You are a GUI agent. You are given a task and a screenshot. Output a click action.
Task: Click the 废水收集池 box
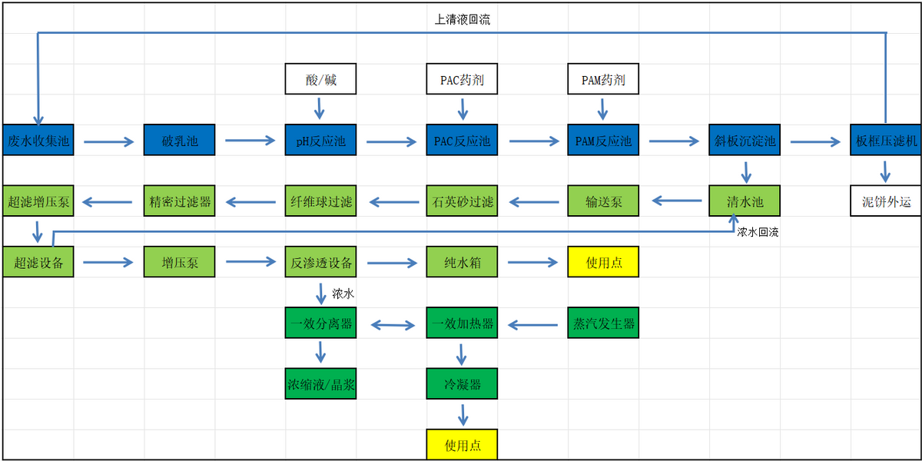click(x=38, y=141)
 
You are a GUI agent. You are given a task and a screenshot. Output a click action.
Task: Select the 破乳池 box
click(x=179, y=141)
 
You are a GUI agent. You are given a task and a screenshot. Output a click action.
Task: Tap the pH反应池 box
click(x=320, y=141)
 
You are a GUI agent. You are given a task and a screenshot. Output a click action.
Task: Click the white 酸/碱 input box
click(x=320, y=79)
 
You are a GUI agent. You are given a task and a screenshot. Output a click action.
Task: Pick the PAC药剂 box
click(x=462, y=79)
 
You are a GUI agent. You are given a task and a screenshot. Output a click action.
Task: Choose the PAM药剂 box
click(x=603, y=79)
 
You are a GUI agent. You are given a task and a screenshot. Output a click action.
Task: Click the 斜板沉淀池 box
click(x=745, y=141)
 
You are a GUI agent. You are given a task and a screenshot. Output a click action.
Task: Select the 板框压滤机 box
click(x=886, y=141)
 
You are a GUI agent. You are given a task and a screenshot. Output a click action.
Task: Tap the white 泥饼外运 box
click(x=886, y=201)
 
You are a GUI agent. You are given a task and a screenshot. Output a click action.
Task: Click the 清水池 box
click(x=745, y=201)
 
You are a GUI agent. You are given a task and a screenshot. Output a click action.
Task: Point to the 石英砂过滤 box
click(x=462, y=201)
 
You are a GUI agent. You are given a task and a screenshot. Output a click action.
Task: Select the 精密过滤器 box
click(x=179, y=201)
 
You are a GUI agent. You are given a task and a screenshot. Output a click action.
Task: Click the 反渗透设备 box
click(x=320, y=262)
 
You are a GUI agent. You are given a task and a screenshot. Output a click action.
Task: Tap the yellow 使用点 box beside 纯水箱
click(x=603, y=262)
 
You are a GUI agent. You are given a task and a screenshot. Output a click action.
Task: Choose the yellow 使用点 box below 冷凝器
click(x=462, y=445)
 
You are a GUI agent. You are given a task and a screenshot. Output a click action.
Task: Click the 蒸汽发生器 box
click(x=603, y=323)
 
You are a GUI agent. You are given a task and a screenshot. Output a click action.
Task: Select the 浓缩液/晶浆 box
click(x=320, y=384)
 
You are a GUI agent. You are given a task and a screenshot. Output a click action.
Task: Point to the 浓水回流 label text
click(x=758, y=232)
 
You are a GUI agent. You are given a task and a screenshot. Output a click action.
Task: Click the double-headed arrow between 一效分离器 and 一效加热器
click(x=391, y=325)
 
